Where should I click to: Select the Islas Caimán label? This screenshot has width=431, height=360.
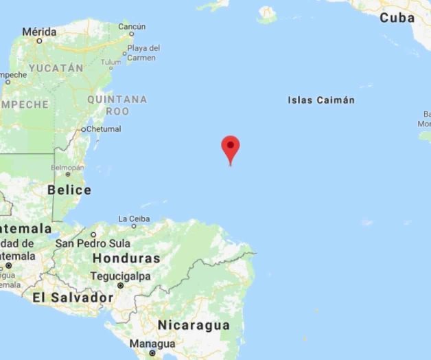coord(321,100)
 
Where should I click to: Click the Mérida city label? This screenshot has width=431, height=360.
coord(39,32)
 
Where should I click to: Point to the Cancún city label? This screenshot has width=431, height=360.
coord(131,27)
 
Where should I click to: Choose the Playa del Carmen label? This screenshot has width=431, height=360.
coord(144,53)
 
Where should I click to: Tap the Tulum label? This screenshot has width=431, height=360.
coord(110,63)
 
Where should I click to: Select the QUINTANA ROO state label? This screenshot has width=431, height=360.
coord(117,104)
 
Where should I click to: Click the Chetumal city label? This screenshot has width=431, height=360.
coord(104,128)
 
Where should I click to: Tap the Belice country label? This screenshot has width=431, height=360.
coord(69,190)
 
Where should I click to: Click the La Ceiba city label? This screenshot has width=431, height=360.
coord(134,218)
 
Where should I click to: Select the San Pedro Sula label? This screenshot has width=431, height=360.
coord(93,243)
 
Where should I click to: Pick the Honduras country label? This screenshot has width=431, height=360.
coord(126,259)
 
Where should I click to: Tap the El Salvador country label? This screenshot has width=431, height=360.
coord(73,297)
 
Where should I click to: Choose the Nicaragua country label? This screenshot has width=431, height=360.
coord(194,325)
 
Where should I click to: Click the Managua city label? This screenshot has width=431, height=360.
coord(152,344)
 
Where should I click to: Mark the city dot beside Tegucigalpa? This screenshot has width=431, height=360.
coord(120,284)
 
